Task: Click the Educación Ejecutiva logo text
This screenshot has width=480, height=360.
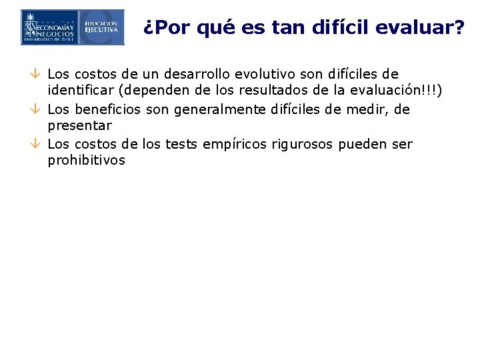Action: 101,27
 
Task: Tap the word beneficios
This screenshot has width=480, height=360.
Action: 104,109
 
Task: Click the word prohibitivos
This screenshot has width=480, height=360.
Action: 87,160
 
